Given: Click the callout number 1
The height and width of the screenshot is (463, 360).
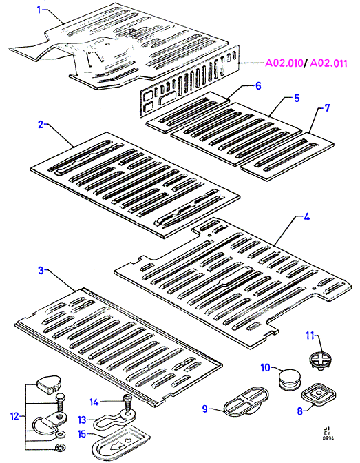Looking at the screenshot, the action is click(x=39, y=10).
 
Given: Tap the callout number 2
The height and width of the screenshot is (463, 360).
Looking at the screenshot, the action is click(x=41, y=124).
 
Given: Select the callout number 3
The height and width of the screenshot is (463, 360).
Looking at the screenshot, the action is click(x=41, y=270).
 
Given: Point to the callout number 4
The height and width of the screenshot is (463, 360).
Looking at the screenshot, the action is click(x=306, y=218).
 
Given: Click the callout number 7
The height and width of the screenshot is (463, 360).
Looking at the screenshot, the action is click(x=327, y=107).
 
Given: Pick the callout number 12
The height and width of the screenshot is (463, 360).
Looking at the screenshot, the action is click(x=14, y=416).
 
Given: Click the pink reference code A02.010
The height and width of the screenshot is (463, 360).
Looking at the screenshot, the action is click(x=284, y=63).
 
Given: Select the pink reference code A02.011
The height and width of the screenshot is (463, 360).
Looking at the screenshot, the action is click(x=328, y=63).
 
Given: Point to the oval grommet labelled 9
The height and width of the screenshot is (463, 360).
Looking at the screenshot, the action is click(x=246, y=402).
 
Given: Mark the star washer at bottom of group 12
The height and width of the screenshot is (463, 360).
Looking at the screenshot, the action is click(x=59, y=449).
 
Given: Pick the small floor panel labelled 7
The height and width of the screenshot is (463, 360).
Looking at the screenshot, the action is click(x=287, y=156).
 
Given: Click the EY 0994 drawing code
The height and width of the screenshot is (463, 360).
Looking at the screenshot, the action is click(x=328, y=433).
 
